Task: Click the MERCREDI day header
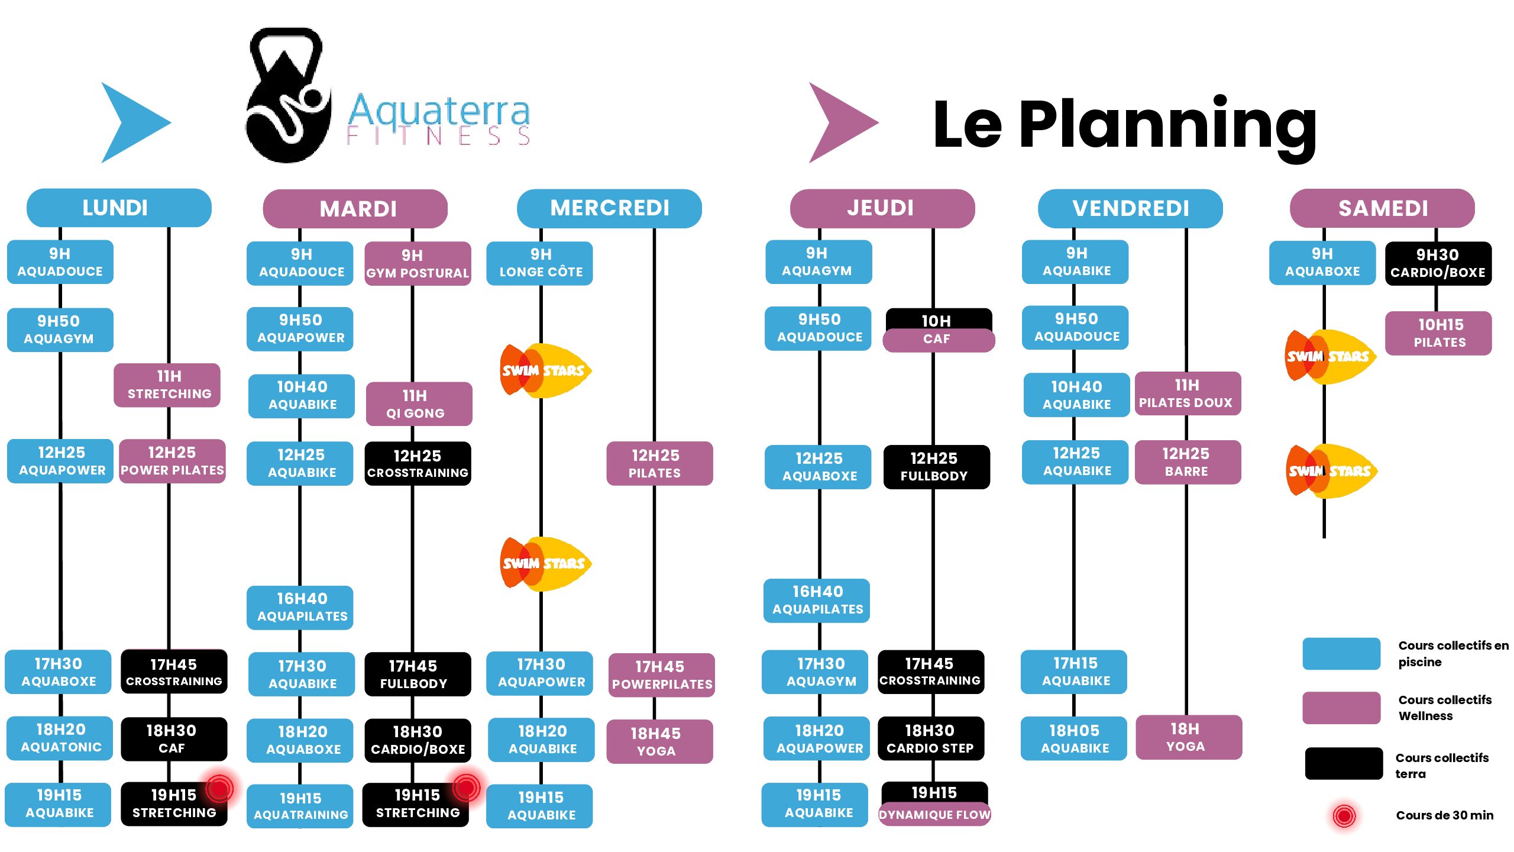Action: coord(609,208)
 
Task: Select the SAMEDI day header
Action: coord(1382,208)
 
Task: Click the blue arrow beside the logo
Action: coord(133,122)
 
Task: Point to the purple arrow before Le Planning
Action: coord(840,122)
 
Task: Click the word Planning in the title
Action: coord(1167,125)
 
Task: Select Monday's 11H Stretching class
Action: coord(168,385)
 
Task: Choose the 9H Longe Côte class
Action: coord(540,263)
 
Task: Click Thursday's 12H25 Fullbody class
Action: coord(936,467)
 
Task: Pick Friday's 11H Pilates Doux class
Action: coord(1187,393)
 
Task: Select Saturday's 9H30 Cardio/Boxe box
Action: coord(1438,263)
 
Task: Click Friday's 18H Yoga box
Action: coord(1188,737)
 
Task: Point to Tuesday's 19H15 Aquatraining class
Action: coord(300,806)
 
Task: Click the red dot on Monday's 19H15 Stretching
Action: coord(219,788)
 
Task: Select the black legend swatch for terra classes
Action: coord(1343,764)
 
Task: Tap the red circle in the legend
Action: coord(1344,816)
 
